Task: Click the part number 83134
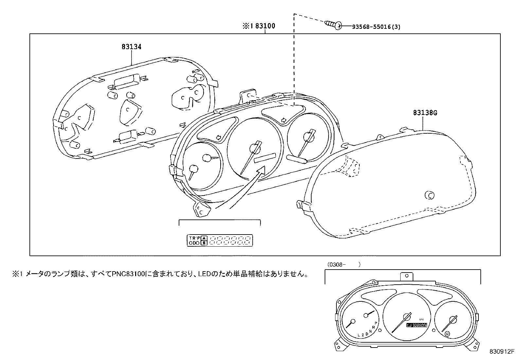pos(132,47)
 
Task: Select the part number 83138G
pos(425,113)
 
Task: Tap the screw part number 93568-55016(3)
pos(376,27)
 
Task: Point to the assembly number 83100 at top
pos(265,26)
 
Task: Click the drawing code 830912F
pos(500,352)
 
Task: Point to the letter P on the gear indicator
pos(376,323)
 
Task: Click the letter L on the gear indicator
pos(359,335)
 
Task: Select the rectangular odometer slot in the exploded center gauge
pos(265,158)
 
